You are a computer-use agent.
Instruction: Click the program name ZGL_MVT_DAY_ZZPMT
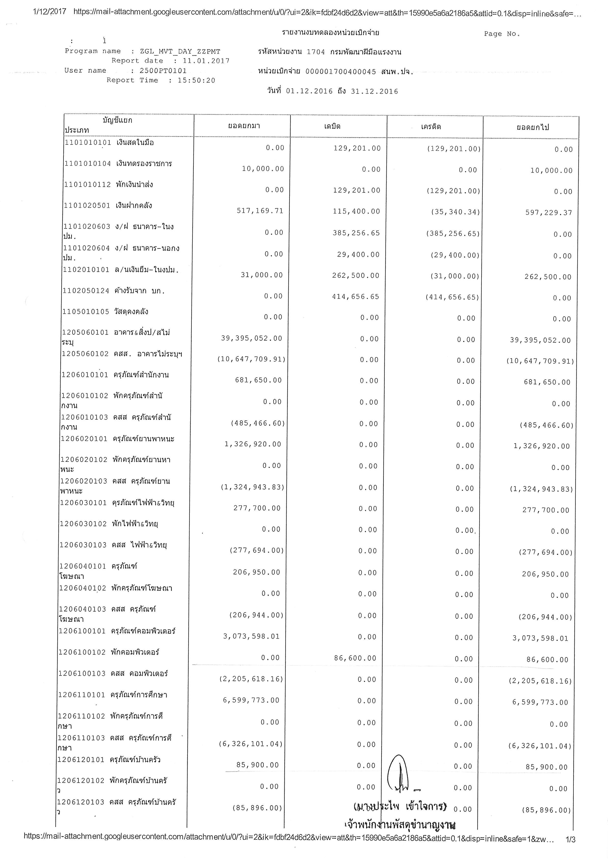(180, 52)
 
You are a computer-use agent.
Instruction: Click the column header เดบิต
(332, 126)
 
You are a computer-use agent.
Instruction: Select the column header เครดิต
(431, 127)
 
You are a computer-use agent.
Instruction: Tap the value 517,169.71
(260, 211)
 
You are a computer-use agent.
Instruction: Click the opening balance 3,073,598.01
(251, 636)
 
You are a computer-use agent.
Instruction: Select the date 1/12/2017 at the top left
(50, 12)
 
